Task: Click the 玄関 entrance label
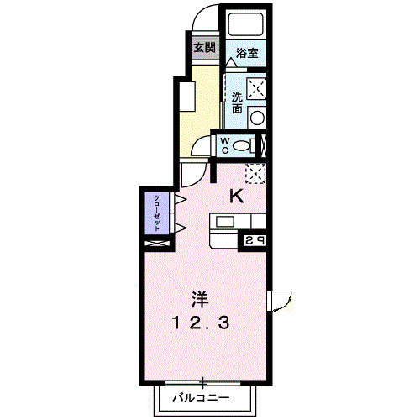pos(203,47)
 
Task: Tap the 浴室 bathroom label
pos(246,53)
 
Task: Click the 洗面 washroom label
pos(237,102)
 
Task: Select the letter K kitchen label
pos(238,197)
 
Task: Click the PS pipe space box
pos(253,240)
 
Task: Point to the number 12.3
pos(201,322)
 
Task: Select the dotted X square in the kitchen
pos(255,172)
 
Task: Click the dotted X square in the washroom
pos(258,87)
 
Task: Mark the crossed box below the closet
pos(157,244)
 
